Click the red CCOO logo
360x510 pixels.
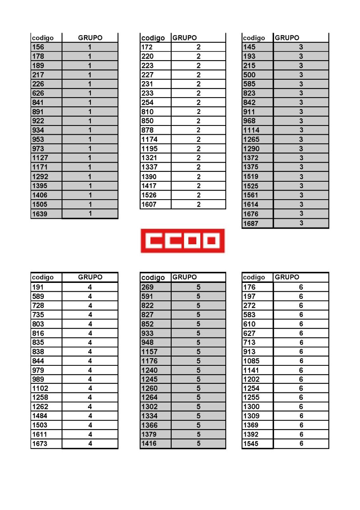click(182, 241)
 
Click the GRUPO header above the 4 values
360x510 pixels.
click(90, 277)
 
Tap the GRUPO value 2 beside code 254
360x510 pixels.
click(198, 102)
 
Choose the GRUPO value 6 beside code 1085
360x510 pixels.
click(301, 361)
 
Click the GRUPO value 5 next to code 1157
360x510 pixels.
click(198, 352)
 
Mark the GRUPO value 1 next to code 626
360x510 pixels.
click(90, 93)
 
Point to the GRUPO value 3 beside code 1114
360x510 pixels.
click(301, 130)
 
